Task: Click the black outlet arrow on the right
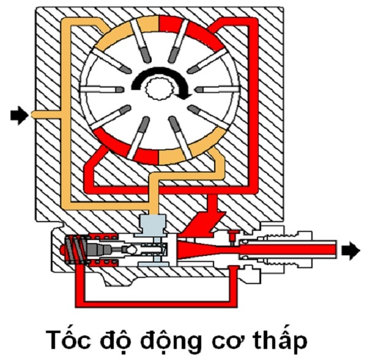click(350, 250)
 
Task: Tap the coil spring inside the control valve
click(74, 251)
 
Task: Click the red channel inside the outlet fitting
click(287, 249)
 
